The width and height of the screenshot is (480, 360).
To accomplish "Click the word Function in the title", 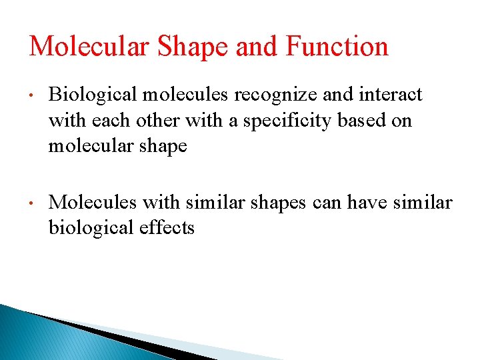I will (337, 47).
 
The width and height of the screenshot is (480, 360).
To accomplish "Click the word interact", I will (391, 95).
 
